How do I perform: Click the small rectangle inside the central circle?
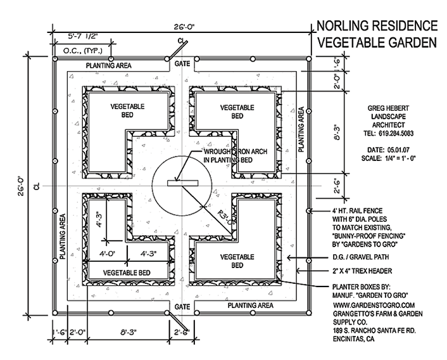(182, 184)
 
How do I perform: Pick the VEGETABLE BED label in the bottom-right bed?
(237, 261)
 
